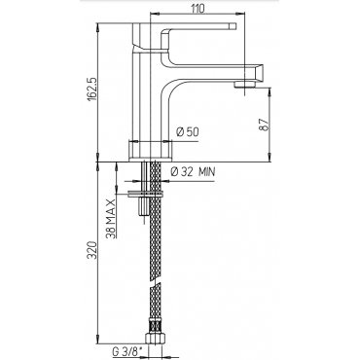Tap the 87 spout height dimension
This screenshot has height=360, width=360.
265,124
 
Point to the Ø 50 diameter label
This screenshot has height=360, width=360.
187,132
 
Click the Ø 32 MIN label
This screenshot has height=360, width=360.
193,171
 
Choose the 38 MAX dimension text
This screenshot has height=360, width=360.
111,219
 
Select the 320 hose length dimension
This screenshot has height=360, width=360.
92,250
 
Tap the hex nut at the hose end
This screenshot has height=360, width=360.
154,339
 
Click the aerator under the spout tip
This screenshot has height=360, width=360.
244,84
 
